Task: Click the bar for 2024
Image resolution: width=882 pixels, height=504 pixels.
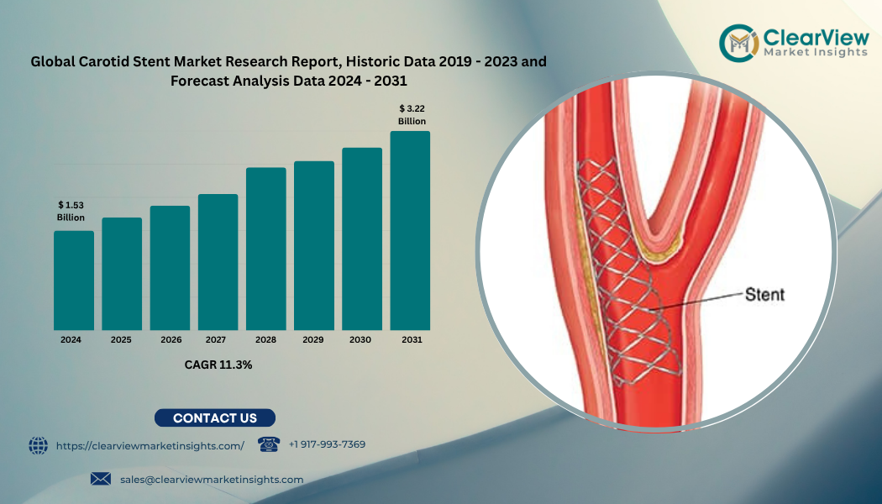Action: click(74, 280)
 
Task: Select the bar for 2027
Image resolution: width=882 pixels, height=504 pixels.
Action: click(218, 262)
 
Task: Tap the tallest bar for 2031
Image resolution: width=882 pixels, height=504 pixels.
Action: click(410, 231)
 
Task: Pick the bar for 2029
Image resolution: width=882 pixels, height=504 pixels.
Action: click(314, 246)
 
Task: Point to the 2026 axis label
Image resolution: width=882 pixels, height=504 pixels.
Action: click(171, 339)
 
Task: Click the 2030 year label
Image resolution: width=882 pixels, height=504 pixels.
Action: click(360, 339)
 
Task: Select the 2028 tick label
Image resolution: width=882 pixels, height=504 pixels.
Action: click(265, 339)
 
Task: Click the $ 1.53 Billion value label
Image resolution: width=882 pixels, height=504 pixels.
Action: click(71, 212)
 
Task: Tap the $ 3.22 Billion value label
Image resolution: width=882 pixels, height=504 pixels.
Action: click(412, 115)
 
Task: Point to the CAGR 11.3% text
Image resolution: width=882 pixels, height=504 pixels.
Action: click(218, 365)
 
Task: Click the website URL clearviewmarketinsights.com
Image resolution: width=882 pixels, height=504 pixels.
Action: click(150, 446)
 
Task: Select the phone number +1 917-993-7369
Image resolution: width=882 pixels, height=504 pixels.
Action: click(327, 444)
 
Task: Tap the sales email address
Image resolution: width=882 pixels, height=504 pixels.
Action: click(212, 480)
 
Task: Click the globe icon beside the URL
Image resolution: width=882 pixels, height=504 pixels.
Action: click(39, 445)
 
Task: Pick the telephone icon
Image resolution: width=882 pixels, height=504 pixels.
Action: click(269, 444)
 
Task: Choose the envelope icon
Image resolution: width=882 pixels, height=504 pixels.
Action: click(101, 479)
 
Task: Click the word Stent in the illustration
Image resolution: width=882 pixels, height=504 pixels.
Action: click(764, 294)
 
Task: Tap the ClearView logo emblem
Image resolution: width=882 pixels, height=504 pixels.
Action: click(739, 43)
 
